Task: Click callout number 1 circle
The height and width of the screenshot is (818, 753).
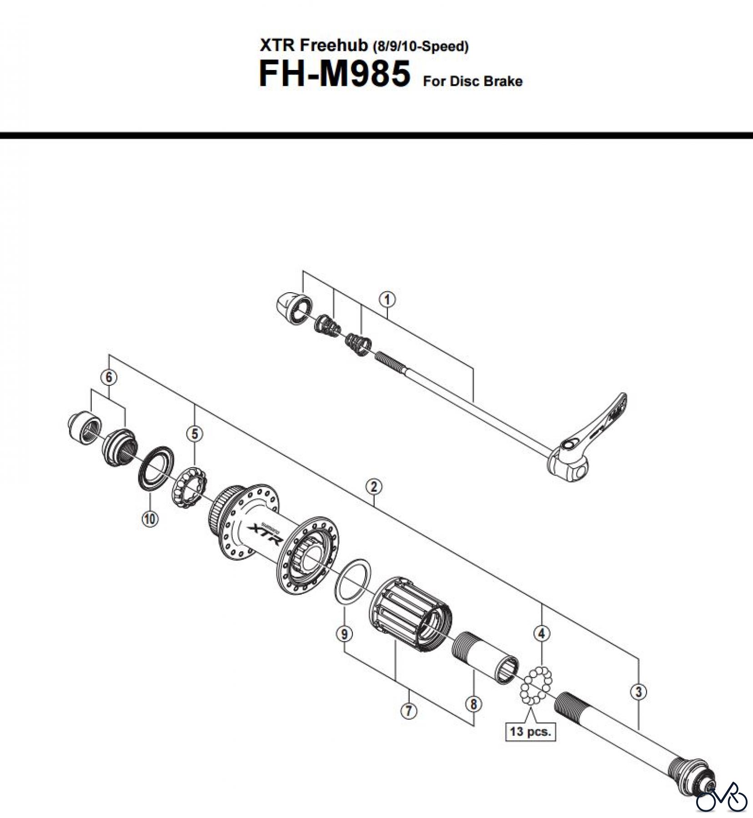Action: click(x=387, y=300)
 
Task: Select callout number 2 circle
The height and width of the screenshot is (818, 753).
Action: click(x=373, y=487)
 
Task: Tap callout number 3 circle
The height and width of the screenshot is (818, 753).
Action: click(x=638, y=692)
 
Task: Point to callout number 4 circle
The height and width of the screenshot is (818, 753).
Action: click(x=541, y=633)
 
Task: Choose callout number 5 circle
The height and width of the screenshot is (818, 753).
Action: click(x=195, y=434)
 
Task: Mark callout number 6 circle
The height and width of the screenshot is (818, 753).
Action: click(x=109, y=377)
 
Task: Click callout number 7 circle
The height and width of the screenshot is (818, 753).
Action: click(x=408, y=710)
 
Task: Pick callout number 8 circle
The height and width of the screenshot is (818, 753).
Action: click(x=473, y=704)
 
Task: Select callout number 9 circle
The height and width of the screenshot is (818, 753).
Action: click(x=344, y=633)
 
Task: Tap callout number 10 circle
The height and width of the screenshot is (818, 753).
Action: click(x=150, y=518)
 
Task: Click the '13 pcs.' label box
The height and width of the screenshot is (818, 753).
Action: click(x=530, y=731)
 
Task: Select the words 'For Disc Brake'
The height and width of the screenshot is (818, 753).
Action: click(x=472, y=81)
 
